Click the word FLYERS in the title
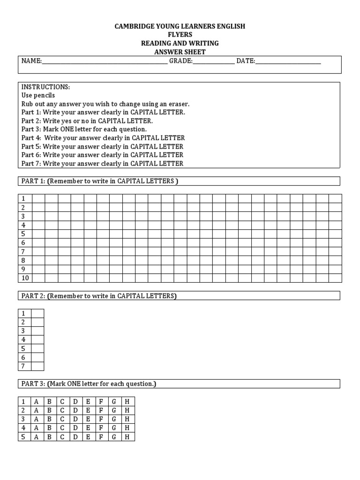(180, 35)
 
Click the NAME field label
(31, 61)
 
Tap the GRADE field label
(180, 61)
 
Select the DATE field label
(245, 61)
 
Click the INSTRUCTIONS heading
(45, 87)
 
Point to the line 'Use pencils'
(38, 96)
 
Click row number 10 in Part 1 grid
(25, 278)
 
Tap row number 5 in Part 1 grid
(23, 234)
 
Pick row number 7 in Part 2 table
(23, 366)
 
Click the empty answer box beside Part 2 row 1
(37, 314)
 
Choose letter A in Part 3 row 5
(36, 437)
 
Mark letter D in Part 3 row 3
(75, 419)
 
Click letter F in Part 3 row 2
(101, 411)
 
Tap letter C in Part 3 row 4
(62, 428)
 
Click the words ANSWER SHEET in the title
(180, 52)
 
